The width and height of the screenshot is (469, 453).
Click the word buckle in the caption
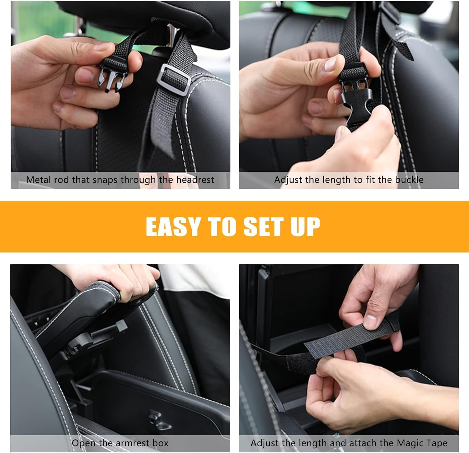[409, 180]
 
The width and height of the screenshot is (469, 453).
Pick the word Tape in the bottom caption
[438, 443]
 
